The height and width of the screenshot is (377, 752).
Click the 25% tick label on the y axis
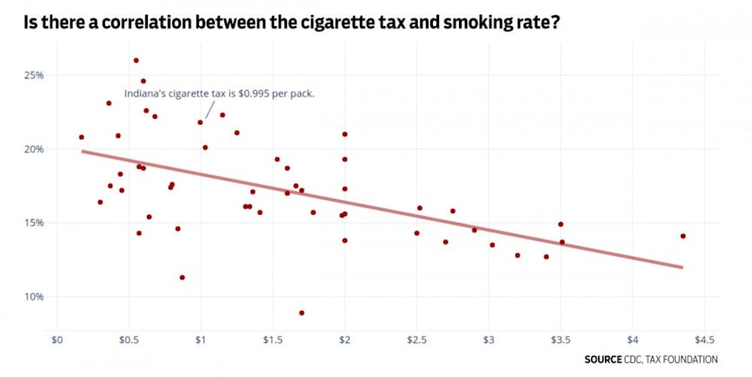[x=33, y=75]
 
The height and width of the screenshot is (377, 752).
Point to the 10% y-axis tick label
[x=33, y=297]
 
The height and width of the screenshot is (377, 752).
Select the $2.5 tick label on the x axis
[x=416, y=339]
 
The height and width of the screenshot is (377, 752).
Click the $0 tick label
[x=58, y=339]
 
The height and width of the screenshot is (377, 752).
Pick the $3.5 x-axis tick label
[x=561, y=339]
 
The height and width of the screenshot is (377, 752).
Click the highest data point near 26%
[x=136, y=61]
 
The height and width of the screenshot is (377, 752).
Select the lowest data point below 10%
[x=302, y=313]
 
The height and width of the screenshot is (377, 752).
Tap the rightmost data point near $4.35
[x=683, y=236]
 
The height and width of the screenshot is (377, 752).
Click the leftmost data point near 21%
[x=82, y=137]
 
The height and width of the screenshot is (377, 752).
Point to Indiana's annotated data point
[x=201, y=122]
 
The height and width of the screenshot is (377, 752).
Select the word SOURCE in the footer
[x=603, y=360]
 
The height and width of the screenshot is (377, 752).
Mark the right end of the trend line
[x=682, y=267]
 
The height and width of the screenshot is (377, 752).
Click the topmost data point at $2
[x=345, y=134]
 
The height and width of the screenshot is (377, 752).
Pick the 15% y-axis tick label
[x=33, y=223]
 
